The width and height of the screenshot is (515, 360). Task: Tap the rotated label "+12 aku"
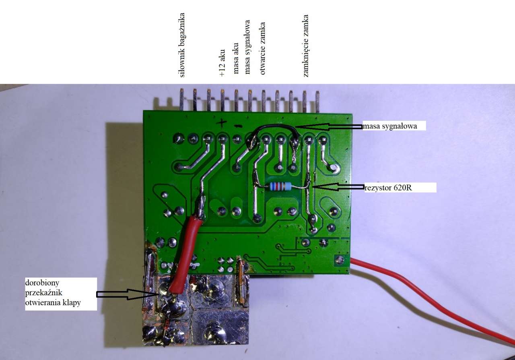pyautogui.click(x=222, y=62)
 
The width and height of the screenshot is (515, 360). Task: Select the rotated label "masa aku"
pyautogui.click(x=237, y=58)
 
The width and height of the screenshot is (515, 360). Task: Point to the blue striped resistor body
pyautogui.click(x=280, y=186)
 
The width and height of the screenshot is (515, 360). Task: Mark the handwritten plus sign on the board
pyautogui.click(x=222, y=122)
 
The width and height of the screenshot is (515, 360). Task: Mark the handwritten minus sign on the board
pyautogui.click(x=238, y=126)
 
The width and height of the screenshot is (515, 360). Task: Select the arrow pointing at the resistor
pyautogui.click(x=338, y=187)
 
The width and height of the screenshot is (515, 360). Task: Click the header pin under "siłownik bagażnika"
pyautogui.click(x=182, y=100)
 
